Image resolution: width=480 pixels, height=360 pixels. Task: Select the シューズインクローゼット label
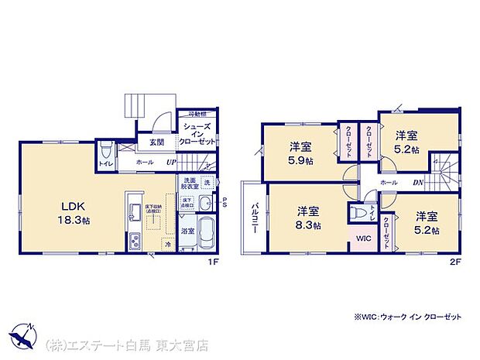pos(197,132)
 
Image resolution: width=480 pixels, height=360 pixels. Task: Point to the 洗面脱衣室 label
pos(190,183)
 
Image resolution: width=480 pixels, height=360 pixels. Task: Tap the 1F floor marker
pos(219,261)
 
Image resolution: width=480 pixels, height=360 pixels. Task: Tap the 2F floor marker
pos(458,261)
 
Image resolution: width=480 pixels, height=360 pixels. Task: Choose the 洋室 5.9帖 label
pos(301,153)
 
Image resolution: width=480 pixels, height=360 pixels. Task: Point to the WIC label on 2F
pos(363,239)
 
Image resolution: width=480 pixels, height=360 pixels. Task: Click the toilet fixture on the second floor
pos(358,211)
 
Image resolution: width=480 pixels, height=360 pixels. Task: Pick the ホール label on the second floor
pos(389,182)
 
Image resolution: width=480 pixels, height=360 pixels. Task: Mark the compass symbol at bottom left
pos(22,336)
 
